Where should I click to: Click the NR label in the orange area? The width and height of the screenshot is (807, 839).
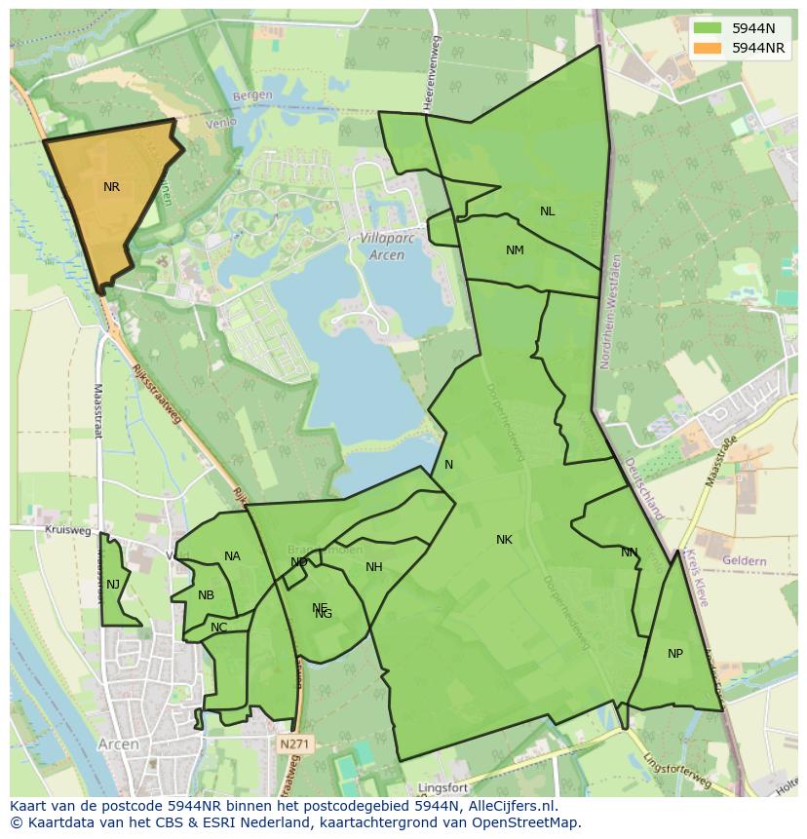click(112, 186)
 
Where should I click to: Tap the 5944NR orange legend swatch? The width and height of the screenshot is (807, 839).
click(709, 48)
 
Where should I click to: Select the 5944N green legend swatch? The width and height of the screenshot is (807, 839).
click(709, 28)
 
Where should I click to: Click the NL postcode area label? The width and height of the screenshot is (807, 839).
click(548, 211)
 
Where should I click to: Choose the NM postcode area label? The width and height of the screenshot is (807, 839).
click(515, 250)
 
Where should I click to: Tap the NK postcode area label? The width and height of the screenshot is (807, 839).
click(504, 540)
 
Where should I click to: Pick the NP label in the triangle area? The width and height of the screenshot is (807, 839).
click(675, 654)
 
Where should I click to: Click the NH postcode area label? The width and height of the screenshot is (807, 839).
click(374, 567)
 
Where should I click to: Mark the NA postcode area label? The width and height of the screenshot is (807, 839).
click(232, 556)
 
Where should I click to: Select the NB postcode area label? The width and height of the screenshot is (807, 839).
click(206, 595)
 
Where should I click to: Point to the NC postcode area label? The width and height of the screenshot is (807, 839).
click(218, 628)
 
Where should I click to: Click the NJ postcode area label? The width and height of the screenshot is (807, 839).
click(113, 585)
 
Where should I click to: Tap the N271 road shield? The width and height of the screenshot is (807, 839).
click(292, 744)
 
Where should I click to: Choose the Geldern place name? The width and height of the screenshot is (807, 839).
click(745, 561)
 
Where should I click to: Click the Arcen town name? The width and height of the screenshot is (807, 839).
click(119, 744)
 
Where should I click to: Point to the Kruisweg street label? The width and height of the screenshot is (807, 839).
click(68, 531)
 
